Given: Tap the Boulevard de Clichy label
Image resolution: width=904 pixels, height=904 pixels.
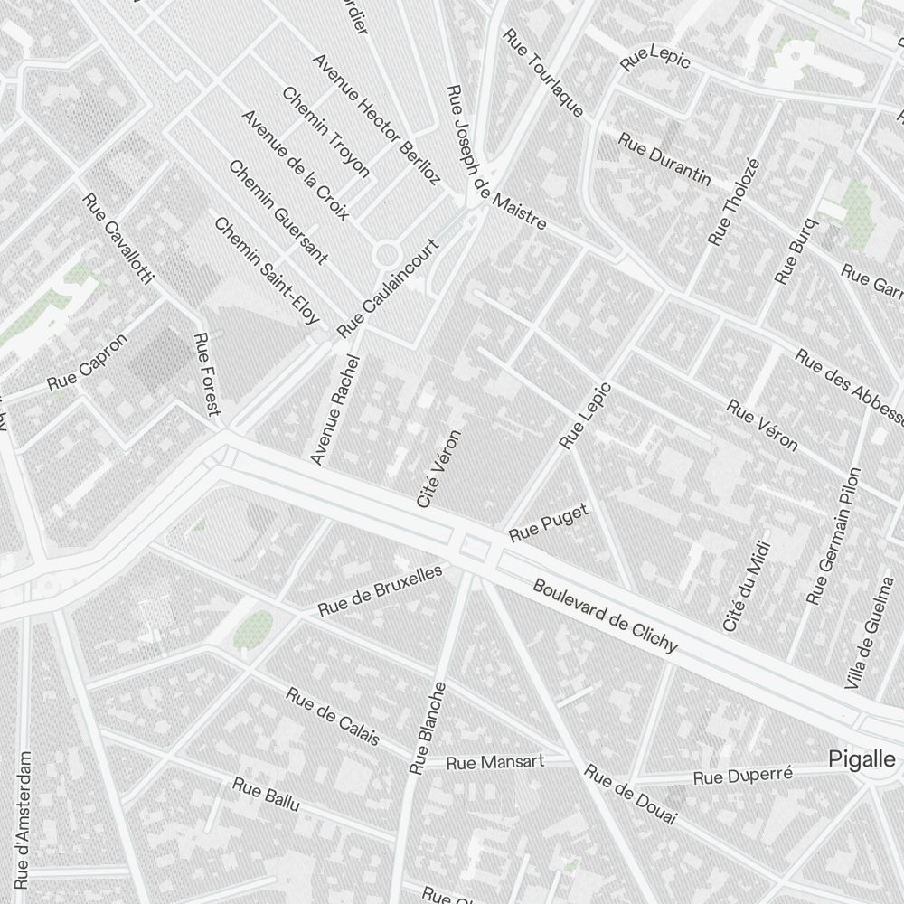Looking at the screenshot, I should pos(605,615).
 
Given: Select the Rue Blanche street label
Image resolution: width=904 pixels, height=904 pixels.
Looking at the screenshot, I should pos(428,728).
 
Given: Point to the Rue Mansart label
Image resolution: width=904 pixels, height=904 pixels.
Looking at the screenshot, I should pos(495,762).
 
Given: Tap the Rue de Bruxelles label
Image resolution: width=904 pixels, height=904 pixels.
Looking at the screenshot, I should pos(380,590).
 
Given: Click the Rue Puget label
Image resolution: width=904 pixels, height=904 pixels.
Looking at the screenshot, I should pos(549,523).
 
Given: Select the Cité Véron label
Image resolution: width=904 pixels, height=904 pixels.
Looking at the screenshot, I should pos(439,468).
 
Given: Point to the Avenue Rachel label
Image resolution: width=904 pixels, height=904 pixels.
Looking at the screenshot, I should pos(335,410).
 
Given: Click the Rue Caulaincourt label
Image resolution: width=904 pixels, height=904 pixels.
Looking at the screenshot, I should pos(387,287).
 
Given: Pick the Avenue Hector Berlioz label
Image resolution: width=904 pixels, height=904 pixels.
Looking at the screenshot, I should pos(375,118).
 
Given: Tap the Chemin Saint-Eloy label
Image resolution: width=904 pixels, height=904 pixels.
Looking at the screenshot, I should pos(267,270).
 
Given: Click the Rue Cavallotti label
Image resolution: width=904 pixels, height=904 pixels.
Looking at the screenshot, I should pos(118,238).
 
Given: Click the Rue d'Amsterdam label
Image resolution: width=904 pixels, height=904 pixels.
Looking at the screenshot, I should pos(24,819).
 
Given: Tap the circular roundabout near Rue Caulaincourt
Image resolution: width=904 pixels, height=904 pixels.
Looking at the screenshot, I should pos(389,255).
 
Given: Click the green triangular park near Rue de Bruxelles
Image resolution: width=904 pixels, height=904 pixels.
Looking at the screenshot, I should pos(253,629).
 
